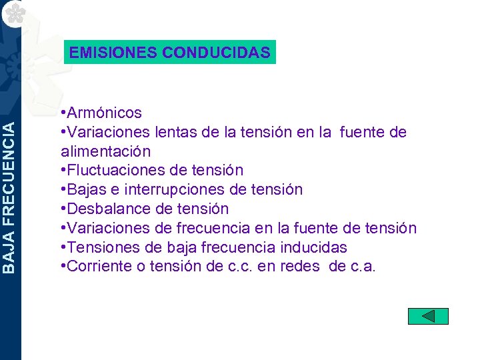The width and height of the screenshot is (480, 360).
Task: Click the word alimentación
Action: pyautogui.click(x=105, y=152)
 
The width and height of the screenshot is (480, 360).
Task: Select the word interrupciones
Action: pyautogui.click(x=181, y=190)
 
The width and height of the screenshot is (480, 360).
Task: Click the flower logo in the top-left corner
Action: pyautogui.click(x=11, y=11)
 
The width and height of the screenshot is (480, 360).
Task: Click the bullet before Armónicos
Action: pyautogui.click(x=63, y=113)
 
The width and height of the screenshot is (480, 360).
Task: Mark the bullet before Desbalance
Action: pyautogui.click(x=63, y=209)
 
